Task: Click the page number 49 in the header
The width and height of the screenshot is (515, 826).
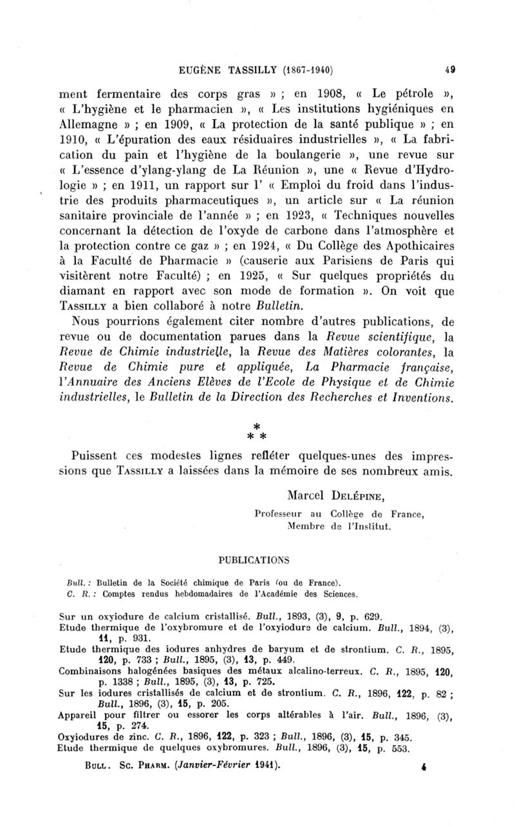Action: [451, 68]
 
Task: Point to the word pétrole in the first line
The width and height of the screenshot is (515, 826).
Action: [398, 91]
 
